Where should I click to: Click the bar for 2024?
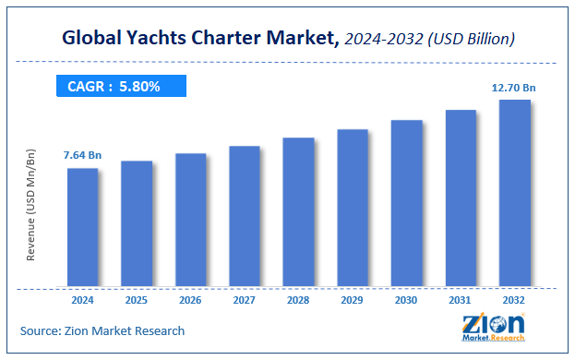(82, 226)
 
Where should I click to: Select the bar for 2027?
(245, 215)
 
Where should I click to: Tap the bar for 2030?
(406, 202)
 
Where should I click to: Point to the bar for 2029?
(353, 207)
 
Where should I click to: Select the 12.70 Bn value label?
(513, 88)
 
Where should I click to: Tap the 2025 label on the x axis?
(137, 301)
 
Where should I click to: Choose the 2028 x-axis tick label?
(298, 301)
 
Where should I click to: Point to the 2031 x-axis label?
(461, 301)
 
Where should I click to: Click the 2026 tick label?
(190, 301)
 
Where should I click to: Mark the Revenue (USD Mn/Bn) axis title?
(30, 204)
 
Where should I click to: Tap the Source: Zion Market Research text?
(102, 330)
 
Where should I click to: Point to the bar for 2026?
(190, 219)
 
